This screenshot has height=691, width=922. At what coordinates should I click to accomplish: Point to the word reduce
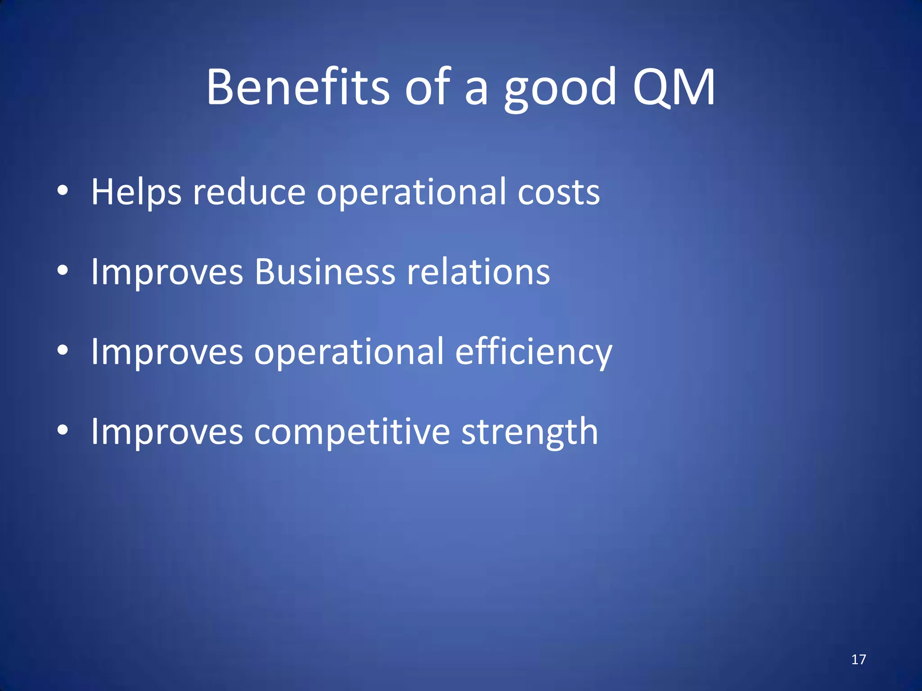pos(249,192)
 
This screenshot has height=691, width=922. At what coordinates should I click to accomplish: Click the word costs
pos(558,193)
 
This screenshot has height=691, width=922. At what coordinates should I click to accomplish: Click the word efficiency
pos(533,352)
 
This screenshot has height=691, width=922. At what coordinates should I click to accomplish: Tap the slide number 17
pos(859,660)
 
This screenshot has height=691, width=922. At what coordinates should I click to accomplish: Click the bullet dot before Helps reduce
pos(63,190)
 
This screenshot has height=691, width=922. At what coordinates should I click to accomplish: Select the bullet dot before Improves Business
pos(63,270)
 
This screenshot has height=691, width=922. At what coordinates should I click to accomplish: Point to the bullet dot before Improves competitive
pos(63,430)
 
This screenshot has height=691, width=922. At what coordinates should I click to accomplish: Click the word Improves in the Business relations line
pos(167,272)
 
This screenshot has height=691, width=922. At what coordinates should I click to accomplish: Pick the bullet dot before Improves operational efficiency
pos(63,350)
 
